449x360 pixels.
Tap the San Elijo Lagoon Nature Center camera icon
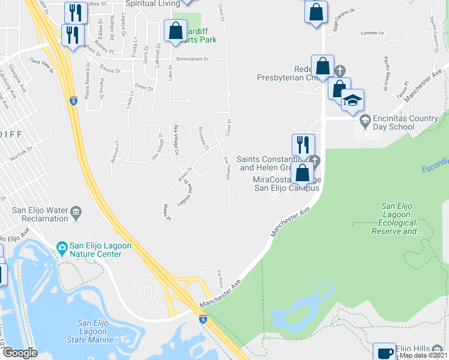pos(61,247)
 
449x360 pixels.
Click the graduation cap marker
pos(352,100)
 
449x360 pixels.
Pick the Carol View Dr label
pos(41,66)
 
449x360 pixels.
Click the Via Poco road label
pos(221,277)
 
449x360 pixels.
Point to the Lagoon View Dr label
pos(184,194)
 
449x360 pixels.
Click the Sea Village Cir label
pos(176,139)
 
